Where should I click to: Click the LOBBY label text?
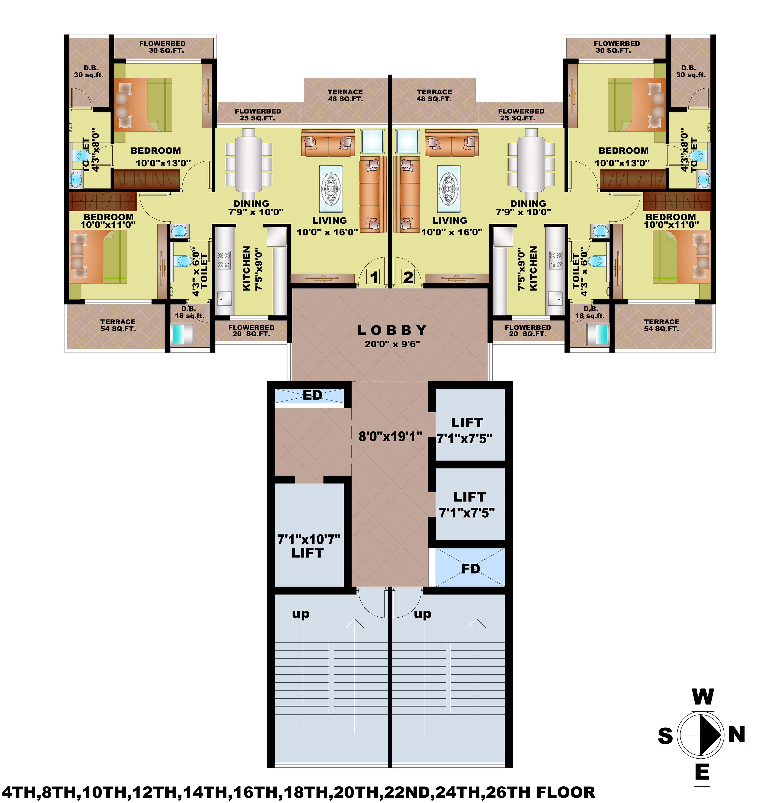pos(392,330)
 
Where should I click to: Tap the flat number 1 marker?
pos(374,277)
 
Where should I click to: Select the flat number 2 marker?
pos(408,277)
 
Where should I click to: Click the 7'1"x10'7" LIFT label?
pos(308,546)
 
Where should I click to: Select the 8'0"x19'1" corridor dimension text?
pos(390,437)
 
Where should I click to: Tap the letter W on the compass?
pos(703,697)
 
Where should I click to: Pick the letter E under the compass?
pos(702,772)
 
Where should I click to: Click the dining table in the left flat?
pos(248,160)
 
